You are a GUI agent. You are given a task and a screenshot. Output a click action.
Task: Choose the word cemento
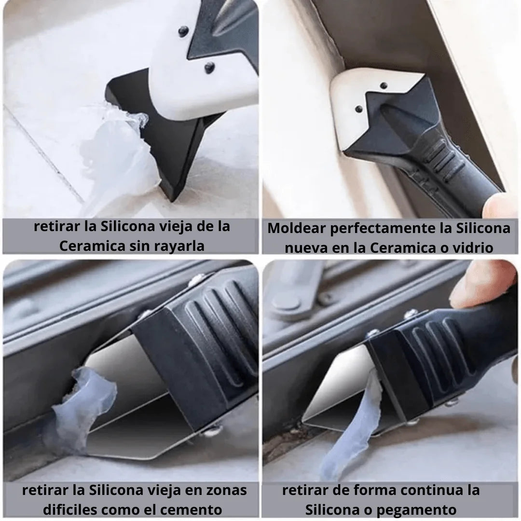[191, 510]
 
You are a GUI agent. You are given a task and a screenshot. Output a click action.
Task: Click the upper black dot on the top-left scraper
[183, 31]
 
